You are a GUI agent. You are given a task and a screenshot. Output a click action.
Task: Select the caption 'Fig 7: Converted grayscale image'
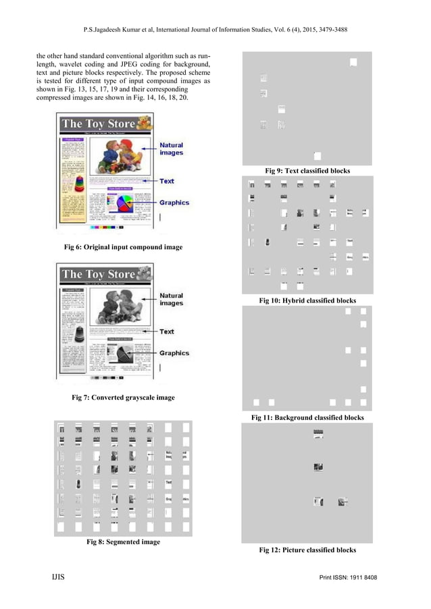tap(123, 398)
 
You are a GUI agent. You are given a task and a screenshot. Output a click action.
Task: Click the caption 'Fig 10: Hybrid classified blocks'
tap(307, 300)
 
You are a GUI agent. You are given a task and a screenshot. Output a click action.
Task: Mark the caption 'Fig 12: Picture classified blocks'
tap(307, 550)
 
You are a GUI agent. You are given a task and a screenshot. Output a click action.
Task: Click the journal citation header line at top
tap(215, 30)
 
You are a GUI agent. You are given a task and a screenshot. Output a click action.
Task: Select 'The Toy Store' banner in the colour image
tap(98, 124)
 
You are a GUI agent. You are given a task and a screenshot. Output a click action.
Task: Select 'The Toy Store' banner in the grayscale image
tap(98, 274)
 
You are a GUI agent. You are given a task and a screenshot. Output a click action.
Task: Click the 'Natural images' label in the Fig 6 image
tap(171, 149)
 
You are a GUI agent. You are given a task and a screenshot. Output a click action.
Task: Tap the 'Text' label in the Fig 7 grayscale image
tap(167, 332)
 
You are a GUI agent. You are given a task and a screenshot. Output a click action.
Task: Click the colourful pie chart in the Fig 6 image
tap(124, 202)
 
